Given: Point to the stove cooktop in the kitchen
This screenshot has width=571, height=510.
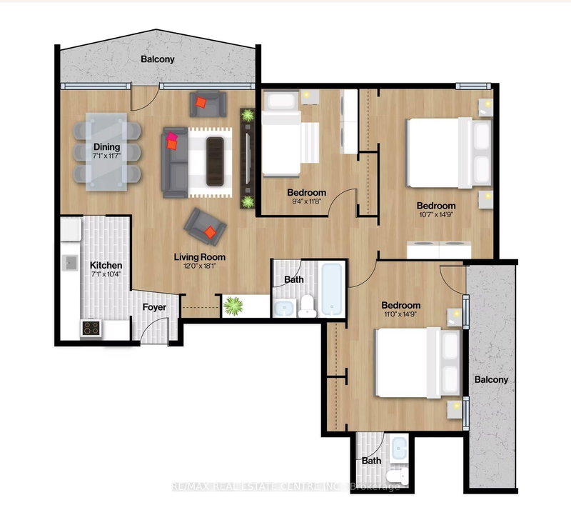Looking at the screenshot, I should [x=91, y=328].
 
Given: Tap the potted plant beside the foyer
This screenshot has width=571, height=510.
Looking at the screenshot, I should [x=233, y=306].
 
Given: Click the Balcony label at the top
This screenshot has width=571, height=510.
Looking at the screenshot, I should [x=157, y=60].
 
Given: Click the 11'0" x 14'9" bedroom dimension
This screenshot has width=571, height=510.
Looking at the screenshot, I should [x=402, y=313].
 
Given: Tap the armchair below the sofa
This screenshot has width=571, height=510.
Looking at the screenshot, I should [x=206, y=227].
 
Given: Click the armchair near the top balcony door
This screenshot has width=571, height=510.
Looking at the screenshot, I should [x=206, y=105].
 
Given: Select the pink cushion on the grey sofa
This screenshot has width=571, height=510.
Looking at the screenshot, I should [x=172, y=141].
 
